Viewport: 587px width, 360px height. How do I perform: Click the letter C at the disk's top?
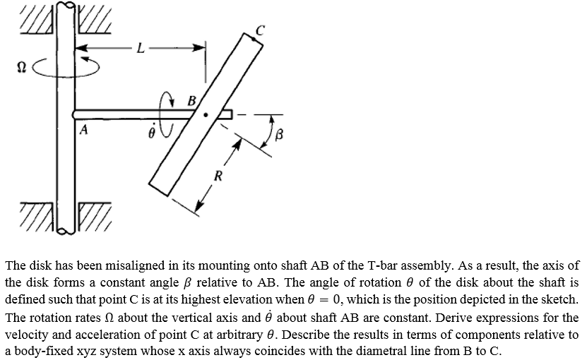click(x=260, y=30)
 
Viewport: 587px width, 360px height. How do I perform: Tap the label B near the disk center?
click(x=191, y=101)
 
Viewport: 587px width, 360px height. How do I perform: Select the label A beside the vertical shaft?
click(x=84, y=129)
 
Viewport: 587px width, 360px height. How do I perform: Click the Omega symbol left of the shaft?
click(x=22, y=67)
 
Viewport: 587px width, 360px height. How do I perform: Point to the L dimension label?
click(x=141, y=48)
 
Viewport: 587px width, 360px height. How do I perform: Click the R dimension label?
click(x=218, y=176)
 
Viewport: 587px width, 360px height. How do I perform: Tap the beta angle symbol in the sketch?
click(x=279, y=134)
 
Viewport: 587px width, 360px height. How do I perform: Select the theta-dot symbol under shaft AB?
click(x=151, y=131)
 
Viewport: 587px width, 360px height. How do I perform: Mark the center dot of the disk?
click(x=206, y=115)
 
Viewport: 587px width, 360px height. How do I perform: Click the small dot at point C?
click(x=254, y=39)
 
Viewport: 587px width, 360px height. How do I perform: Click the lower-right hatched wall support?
click(x=95, y=217)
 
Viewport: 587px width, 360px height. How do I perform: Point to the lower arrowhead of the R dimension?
click(x=198, y=206)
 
